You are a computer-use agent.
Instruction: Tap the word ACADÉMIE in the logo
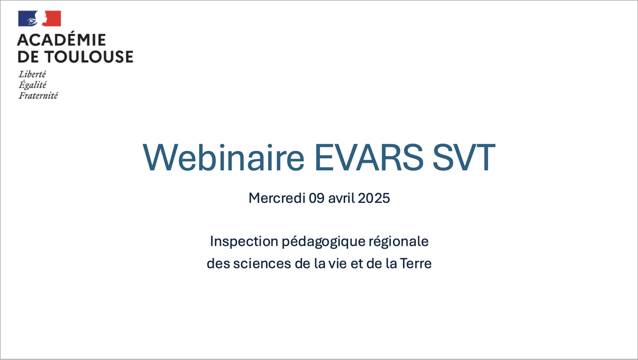click(62, 39)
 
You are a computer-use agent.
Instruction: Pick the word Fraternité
click(39, 95)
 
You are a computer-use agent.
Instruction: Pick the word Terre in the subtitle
click(416, 263)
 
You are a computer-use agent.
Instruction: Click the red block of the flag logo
click(52, 18)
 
